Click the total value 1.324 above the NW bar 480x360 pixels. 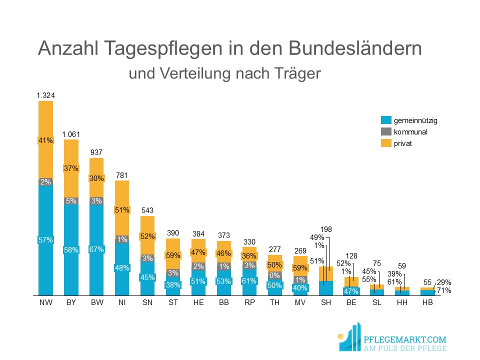pyautogui.click(x=45, y=95)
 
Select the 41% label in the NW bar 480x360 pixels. pyautogui.click(x=45, y=140)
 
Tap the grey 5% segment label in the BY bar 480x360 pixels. pyautogui.click(x=71, y=201)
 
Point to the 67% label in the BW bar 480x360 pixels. pyautogui.click(x=96, y=249)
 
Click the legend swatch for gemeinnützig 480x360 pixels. pyautogui.click(x=385, y=120)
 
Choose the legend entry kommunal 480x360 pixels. pyautogui.click(x=410, y=132)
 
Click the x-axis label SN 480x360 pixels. pyautogui.click(x=147, y=303)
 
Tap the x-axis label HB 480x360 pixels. pyautogui.click(x=427, y=303)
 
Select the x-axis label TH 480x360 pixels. pyautogui.click(x=274, y=303)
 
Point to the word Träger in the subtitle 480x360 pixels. pyautogui.click(x=298, y=74)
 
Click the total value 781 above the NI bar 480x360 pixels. pyautogui.click(x=122, y=175)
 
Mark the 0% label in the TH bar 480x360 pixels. pyautogui.click(x=274, y=275)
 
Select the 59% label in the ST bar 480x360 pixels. pyautogui.click(x=173, y=255)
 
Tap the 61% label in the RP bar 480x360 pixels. pyautogui.click(x=249, y=281)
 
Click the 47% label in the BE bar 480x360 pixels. pyautogui.click(x=351, y=291)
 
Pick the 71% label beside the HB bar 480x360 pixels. pyautogui.click(x=444, y=290)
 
